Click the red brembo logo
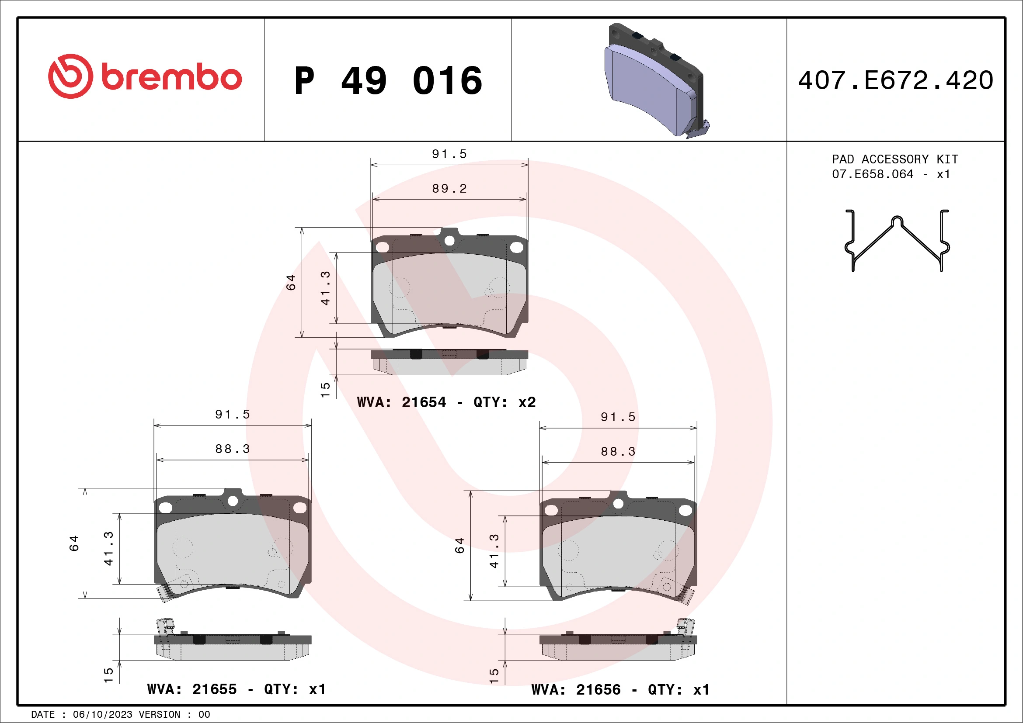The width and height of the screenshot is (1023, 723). tap(145, 76)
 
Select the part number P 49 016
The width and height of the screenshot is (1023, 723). tap(388, 80)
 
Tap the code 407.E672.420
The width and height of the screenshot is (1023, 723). tap(896, 80)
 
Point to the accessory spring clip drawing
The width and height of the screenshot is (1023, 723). tap(897, 241)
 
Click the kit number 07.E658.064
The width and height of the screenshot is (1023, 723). tap(873, 174)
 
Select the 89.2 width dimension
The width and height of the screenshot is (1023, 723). tap(449, 189)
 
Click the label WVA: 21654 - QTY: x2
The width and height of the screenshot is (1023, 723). tap(446, 402)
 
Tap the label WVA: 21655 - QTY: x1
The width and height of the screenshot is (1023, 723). tap(236, 689)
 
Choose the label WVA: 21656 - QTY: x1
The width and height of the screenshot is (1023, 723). tap(620, 690)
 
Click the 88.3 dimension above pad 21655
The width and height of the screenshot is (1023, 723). tap(233, 449)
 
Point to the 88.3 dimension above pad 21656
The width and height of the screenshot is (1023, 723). tap(618, 451)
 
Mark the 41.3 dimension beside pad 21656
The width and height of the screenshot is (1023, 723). tap(494, 551)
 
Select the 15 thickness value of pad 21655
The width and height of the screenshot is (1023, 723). tap(108, 675)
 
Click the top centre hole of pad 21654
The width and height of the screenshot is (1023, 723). tap(449, 241)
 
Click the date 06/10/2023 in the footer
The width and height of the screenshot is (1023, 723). tap(102, 715)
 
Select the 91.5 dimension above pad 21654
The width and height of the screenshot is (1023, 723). tap(449, 154)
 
